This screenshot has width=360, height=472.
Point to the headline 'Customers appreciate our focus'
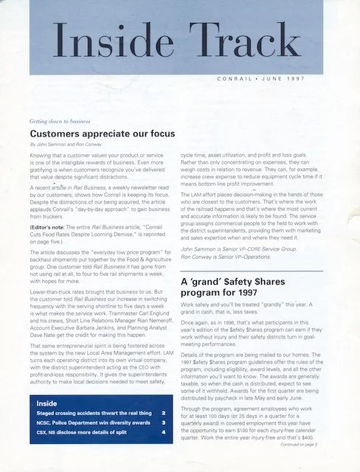(102, 134)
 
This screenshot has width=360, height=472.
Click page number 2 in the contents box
(163, 414)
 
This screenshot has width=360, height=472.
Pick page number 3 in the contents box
(163, 424)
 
